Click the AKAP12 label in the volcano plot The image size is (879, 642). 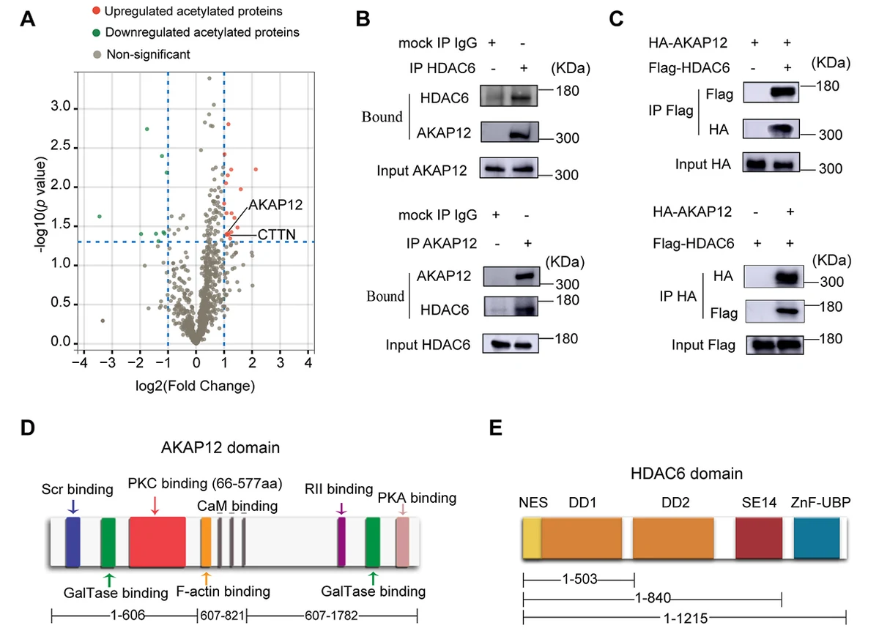point(275,204)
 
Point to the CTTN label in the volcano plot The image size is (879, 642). point(277,234)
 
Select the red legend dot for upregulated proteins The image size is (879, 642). point(96,10)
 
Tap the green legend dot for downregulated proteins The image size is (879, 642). point(96,32)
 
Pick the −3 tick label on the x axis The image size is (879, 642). point(107,363)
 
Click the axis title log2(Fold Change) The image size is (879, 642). point(195,386)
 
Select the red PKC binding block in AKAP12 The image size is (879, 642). point(157,542)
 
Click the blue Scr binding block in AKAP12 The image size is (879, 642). point(73,542)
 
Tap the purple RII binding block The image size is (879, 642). point(341,542)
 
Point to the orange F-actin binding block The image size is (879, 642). point(206,542)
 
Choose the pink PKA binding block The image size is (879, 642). point(402,542)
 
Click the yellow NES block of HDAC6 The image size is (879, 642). point(532,538)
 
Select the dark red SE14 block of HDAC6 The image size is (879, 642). point(759,538)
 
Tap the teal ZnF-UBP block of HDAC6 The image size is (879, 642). point(817,538)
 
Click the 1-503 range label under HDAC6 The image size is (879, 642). point(579,579)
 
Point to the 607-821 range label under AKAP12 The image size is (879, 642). point(222,616)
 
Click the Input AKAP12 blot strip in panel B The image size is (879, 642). point(509,168)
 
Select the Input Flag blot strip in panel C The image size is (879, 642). point(775,345)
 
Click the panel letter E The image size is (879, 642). point(496,428)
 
